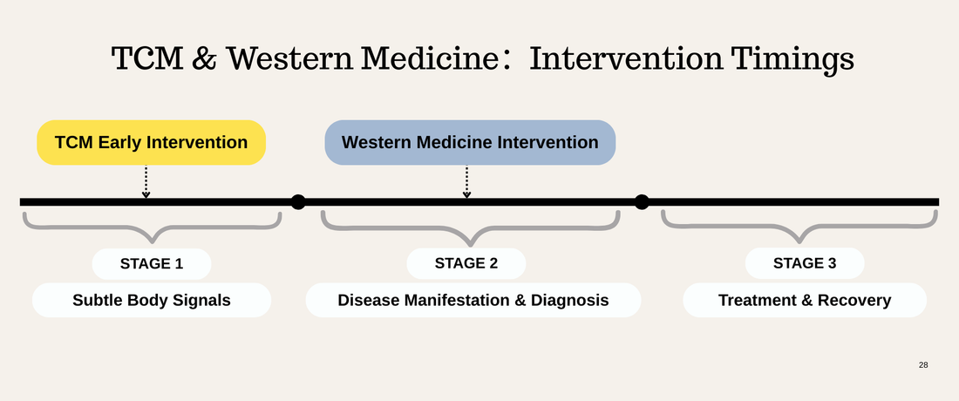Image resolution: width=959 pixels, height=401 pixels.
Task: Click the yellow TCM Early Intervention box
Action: pyautogui.click(x=151, y=142)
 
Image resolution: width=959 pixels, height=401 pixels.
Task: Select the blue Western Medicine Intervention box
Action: pyautogui.click(x=470, y=142)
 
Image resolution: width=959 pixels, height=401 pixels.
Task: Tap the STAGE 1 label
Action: pyautogui.click(x=152, y=263)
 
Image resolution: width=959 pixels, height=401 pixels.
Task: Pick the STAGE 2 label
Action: pyautogui.click(x=466, y=263)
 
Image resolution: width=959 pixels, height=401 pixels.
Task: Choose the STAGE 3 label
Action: pyautogui.click(x=805, y=263)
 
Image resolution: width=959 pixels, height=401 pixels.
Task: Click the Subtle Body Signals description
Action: pyautogui.click(x=152, y=301)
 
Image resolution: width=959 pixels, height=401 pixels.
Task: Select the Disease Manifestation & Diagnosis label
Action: pyautogui.click(x=473, y=301)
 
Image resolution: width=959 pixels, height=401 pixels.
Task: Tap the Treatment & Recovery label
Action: pyautogui.click(x=804, y=301)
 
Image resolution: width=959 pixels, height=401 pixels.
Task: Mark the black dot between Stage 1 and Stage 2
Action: pyautogui.click(x=298, y=202)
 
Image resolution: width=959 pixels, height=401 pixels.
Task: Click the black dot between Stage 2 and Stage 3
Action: pyautogui.click(x=642, y=202)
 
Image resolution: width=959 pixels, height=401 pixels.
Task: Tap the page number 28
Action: pyautogui.click(x=923, y=364)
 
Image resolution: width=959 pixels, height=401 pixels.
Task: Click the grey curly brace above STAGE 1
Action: pyautogui.click(x=152, y=228)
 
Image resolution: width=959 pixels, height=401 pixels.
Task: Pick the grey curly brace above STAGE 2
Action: pyautogui.click(x=471, y=230)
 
